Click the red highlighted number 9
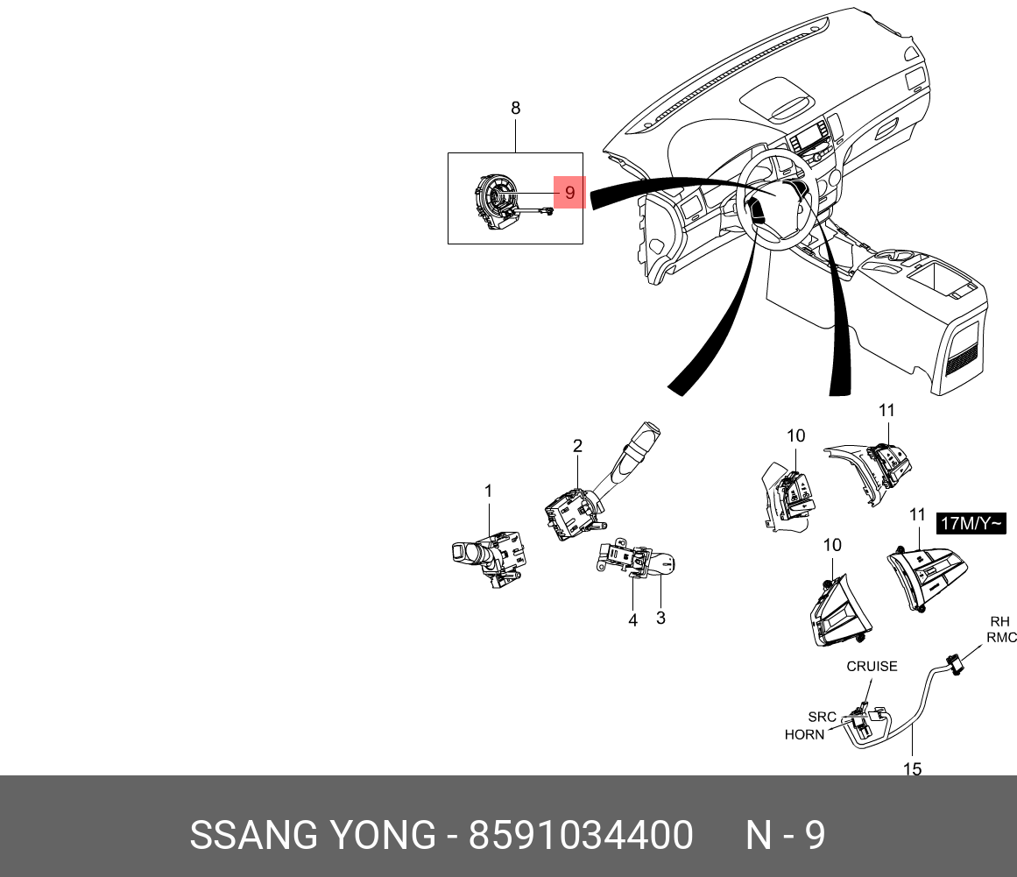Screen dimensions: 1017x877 click(569, 193)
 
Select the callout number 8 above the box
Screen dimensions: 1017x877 click(515, 109)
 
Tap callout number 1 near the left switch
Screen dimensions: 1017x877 click(489, 492)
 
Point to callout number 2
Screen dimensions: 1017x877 click(577, 446)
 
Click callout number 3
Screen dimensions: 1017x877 click(660, 618)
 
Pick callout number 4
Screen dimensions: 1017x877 click(632, 620)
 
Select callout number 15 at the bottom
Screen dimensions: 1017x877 click(912, 768)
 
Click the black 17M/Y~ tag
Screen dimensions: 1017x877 click(971, 524)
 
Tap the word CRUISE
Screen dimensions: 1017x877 click(872, 666)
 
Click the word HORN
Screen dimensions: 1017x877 click(804, 734)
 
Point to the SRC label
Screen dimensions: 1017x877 click(822, 717)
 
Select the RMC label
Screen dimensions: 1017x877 click(1001, 638)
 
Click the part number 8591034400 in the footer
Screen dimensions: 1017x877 click(581, 836)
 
